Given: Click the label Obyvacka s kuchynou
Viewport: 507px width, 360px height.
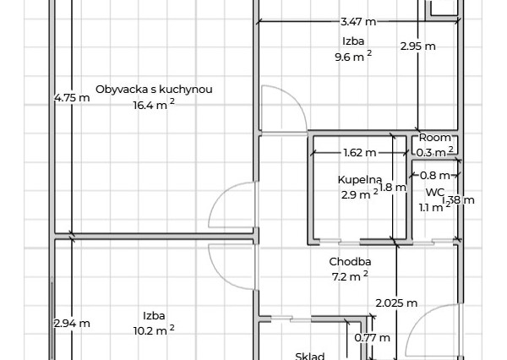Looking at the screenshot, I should pos(153,90).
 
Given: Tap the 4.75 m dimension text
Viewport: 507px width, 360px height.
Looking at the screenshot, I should pos(72,98).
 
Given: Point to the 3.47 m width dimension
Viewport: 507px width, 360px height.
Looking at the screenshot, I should pos(358,22).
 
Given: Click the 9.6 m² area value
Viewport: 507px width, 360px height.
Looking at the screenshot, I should pos(352,57).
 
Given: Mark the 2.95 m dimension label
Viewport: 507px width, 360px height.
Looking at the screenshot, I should pos(417,46).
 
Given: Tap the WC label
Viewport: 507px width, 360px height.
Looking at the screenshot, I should pos(435,193).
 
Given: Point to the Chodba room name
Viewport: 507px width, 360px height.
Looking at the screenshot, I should pos(350,262).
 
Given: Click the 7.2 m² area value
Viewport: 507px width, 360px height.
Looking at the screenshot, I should pos(350,276).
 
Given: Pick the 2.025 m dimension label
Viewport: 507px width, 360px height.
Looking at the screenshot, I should pos(396,303).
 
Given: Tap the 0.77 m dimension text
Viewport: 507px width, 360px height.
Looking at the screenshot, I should pos(372,338).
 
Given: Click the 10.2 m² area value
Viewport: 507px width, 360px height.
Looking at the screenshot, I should pos(153,330).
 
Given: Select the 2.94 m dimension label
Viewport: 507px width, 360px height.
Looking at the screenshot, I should pos(72,323).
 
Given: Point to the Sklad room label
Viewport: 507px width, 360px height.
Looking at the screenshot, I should pos(310,356).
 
